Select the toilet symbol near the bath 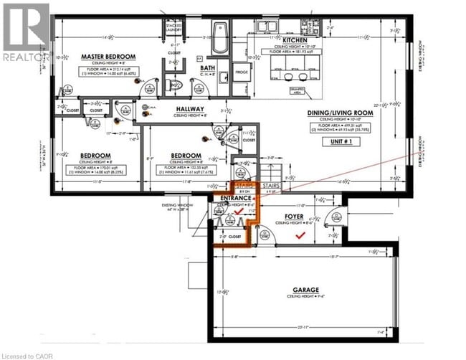(x=171, y=85)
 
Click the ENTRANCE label (x=235, y=198)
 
